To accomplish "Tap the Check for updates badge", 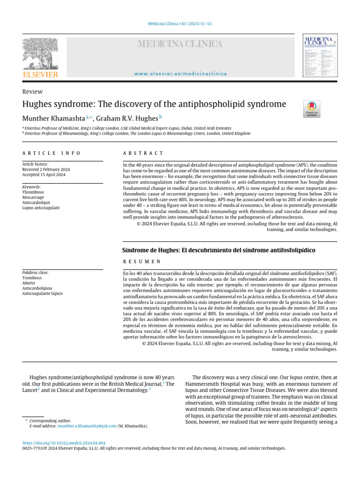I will pos(312,109).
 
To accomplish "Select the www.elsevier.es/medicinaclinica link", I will pos(180,74).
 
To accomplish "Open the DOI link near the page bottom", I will pos(64,443).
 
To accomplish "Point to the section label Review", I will pos(32,91).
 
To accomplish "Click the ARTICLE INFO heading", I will pos(52,153).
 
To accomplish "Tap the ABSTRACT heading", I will pos(143,153).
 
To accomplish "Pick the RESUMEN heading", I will pos(142,261).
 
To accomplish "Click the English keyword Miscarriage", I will pos(33,197).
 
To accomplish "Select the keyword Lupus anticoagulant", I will pos(41,207).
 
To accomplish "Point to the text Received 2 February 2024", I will pos(46,170).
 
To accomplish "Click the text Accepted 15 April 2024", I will pos(44,175).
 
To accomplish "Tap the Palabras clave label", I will pos(36,273).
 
